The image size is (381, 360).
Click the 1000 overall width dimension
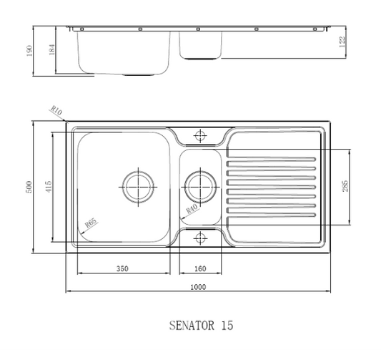(198, 287)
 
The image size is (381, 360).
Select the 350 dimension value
(122, 268)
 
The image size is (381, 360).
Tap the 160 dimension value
(199, 268)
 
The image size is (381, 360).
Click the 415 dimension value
(49, 188)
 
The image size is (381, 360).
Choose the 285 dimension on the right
(347, 188)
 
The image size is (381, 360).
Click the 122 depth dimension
(342, 43)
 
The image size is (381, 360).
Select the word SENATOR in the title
(192, 325)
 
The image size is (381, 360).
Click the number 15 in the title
(227, 325)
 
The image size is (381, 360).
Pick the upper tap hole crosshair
(199, 135)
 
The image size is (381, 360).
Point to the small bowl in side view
(200, 44)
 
